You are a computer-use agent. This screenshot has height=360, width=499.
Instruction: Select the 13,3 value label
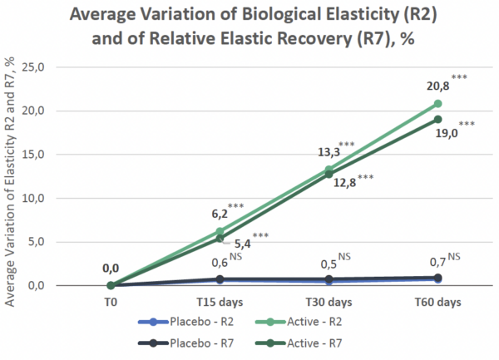(325, 152)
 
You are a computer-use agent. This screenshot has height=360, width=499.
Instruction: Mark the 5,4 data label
(232, 245)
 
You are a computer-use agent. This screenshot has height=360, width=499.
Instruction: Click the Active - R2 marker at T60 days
(438, 104)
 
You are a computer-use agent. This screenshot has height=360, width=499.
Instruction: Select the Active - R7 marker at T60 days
(438, 120)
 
